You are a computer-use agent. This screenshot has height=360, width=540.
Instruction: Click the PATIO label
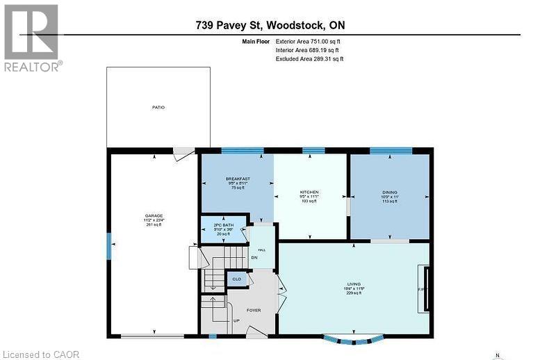click(x=158, y=108)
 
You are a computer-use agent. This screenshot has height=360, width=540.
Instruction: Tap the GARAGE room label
click(x=154, y=216)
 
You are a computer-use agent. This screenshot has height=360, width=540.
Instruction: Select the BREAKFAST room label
click(x=237, y=179)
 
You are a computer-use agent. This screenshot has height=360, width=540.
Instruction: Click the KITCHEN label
click(x=309, y=192)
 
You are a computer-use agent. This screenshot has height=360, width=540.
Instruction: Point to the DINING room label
click(x=390, y=194)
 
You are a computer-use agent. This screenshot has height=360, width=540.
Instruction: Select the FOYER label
click(x=254, y=310)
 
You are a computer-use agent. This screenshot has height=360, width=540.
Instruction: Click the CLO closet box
click(x=236, y=279)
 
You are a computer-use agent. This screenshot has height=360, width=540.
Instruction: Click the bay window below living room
click(x=354, y=340)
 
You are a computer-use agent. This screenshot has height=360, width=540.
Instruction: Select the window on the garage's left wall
click(x=108, y=245)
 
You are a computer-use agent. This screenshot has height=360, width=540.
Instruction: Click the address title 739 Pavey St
click(x=270, y=26)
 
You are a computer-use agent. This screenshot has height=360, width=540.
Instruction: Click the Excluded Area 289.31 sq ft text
click(x=309, y=59)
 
